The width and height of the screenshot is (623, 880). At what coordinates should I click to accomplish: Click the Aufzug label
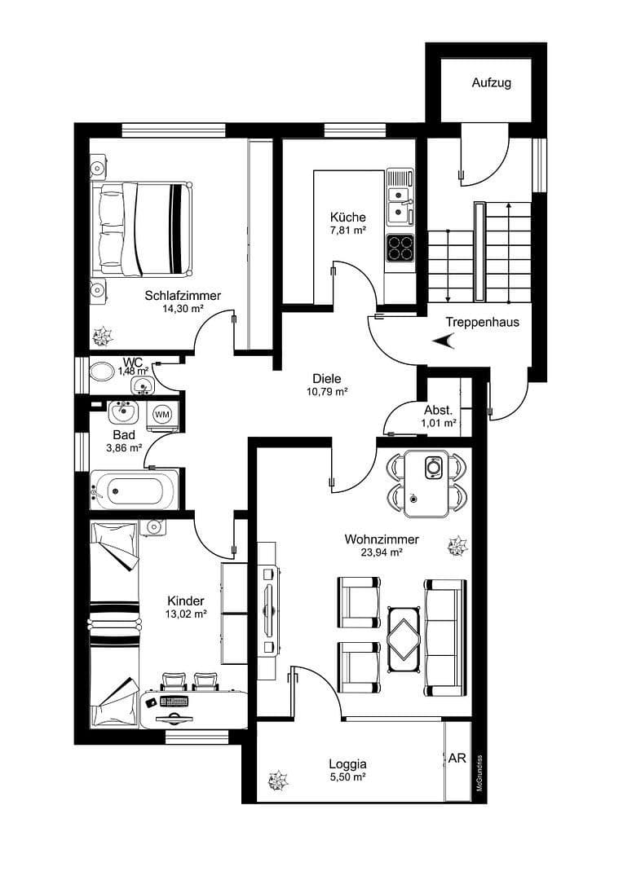(492, 83)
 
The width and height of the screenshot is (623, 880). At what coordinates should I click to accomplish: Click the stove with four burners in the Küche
(400, 246)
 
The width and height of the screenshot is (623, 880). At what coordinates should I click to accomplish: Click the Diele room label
(326, 378)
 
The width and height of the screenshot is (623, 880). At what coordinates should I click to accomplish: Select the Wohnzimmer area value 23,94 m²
(382, 552)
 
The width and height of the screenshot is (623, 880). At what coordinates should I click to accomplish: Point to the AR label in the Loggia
(457, 758)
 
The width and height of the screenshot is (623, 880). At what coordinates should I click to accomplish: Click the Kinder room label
(184, 601)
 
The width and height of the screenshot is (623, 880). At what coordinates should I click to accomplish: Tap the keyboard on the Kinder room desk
(174, 701)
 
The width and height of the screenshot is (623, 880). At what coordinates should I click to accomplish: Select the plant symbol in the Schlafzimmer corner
(103, 334)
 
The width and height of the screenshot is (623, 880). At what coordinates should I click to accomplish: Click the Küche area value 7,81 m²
(348, 231)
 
